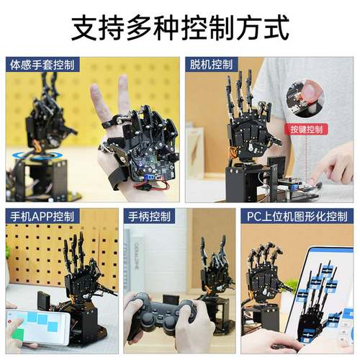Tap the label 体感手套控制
click(x=42, y=65)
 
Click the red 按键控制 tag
click(x=306, y=130)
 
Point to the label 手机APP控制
click(x=42, y=216)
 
